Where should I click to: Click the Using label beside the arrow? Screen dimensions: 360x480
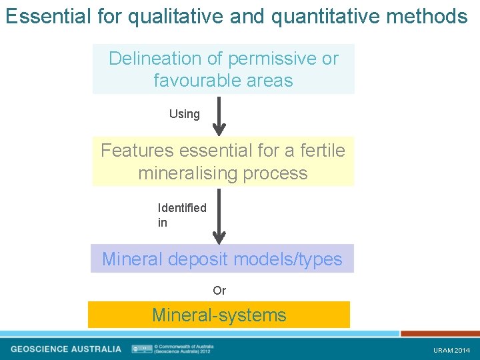coord(185,114)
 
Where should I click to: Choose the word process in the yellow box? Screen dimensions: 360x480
coord(278,173)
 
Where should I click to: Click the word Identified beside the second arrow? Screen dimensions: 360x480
coord(182,208)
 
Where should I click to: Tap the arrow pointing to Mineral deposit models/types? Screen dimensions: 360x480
coord(219,216)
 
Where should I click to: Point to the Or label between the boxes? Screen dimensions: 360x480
coord(219,291)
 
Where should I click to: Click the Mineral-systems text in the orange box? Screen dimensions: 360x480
coord(219,315)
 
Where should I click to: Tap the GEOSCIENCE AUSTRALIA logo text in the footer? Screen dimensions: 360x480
coord(66,349)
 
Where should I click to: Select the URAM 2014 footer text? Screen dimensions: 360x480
coord(451,350)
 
